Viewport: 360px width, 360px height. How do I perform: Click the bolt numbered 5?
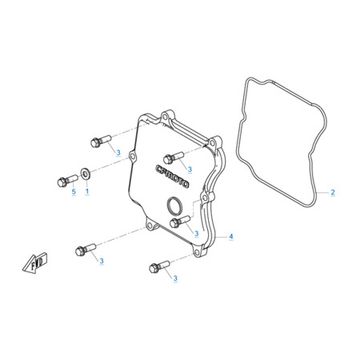[67, 180]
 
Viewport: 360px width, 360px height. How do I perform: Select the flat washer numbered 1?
[86, 174]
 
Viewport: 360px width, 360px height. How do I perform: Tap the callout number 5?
[74, 191]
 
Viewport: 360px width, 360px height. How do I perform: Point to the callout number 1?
[87, 191]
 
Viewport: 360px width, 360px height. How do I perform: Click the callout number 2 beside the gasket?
[333, 192]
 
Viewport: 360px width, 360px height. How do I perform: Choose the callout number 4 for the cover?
[231, 236]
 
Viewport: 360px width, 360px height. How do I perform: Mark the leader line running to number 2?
[322, 192]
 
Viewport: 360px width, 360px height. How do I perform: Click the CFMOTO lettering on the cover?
[172, 177]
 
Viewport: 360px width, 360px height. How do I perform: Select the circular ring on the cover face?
[174, 206]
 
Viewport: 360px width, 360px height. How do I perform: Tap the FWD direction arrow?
[35, 262]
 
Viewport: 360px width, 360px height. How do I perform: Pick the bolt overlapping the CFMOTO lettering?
[174, 158]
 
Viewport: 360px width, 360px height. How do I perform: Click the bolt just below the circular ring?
[180, 222]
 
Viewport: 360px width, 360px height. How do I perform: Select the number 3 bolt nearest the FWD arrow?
[86, 250]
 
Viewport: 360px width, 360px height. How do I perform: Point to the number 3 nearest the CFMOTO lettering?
[190, 170]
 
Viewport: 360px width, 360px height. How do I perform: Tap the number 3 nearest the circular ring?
[196, 234]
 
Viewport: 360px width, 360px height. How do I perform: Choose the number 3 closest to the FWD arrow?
[102, 261]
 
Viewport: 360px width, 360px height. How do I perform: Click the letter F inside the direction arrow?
[33, 266]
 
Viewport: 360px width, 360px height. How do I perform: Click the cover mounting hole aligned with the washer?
[132, 156]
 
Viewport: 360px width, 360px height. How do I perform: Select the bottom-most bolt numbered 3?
[159, 266]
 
